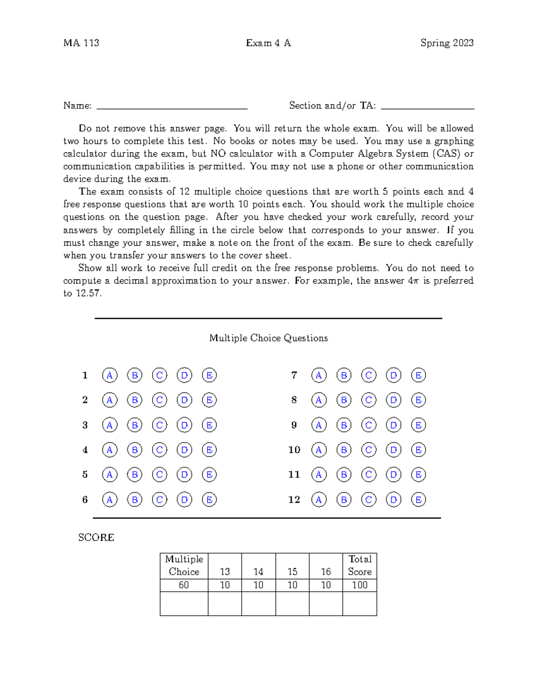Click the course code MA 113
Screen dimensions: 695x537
coord(81,43)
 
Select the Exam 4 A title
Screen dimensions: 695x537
coord(268,43)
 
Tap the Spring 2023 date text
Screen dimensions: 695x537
coord(447,43)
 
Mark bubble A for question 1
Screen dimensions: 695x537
coord(110,375)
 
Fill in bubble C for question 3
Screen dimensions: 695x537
coord(159,425)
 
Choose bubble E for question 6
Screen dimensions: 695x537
coord(209,499)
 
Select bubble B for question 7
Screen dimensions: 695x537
coord(344,375)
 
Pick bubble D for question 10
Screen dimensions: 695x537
coord(393,450)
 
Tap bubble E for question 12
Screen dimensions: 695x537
coord(418,499)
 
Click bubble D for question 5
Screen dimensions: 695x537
coord(184,474)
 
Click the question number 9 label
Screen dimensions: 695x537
coord(294,425)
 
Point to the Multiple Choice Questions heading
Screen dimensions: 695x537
coord(268,338)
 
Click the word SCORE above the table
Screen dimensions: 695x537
coord(96,537)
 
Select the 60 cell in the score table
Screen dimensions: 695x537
coord(183,585)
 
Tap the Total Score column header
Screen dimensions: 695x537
coord(360,565)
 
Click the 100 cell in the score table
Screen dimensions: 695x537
coord(360,585)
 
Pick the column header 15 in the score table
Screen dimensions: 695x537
coord(292,571)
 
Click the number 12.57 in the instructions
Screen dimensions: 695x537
coord(88,294)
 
